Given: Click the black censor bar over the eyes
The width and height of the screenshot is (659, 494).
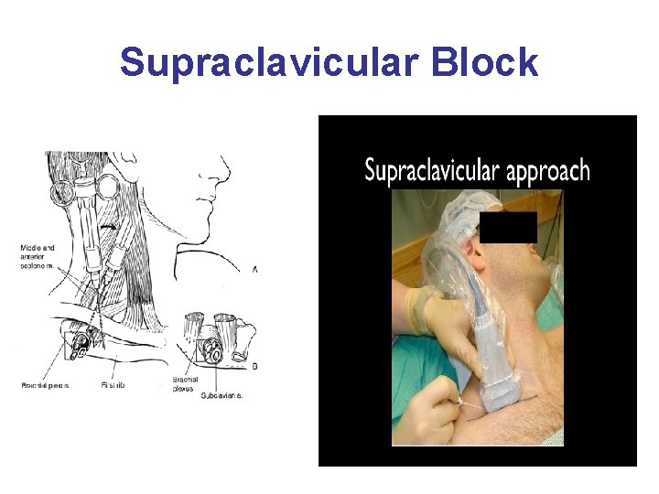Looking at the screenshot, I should click(509, 227).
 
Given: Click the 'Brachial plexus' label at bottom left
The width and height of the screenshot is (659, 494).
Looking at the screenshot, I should click(47, 385).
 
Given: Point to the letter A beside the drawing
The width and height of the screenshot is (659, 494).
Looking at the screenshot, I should click(254, 270).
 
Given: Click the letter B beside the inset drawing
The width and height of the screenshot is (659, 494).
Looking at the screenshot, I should click(254, 365).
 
